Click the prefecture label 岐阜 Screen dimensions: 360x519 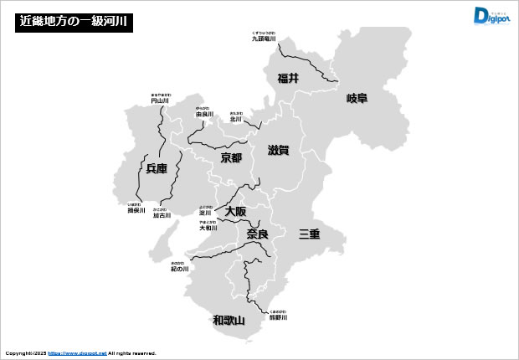click(357, 98)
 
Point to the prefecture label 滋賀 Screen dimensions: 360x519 click(278, 151)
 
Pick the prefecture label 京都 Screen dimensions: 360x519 click(231, 157)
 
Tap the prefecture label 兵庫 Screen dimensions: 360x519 click(157, 168)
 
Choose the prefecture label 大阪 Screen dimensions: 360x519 click(235, 212)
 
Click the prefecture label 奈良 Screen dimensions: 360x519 click(257, 234)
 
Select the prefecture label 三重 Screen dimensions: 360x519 click(310, 234)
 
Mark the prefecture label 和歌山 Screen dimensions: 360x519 click(229, 320)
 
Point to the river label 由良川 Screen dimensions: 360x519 click(204, 114)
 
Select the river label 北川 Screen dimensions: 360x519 click(236, 119)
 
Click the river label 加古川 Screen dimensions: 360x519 click(162, 215)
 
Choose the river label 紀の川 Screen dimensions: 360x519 click(180, 269)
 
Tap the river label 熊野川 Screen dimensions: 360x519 click(279, 318)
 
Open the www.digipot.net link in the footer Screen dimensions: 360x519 click(78, 353)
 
